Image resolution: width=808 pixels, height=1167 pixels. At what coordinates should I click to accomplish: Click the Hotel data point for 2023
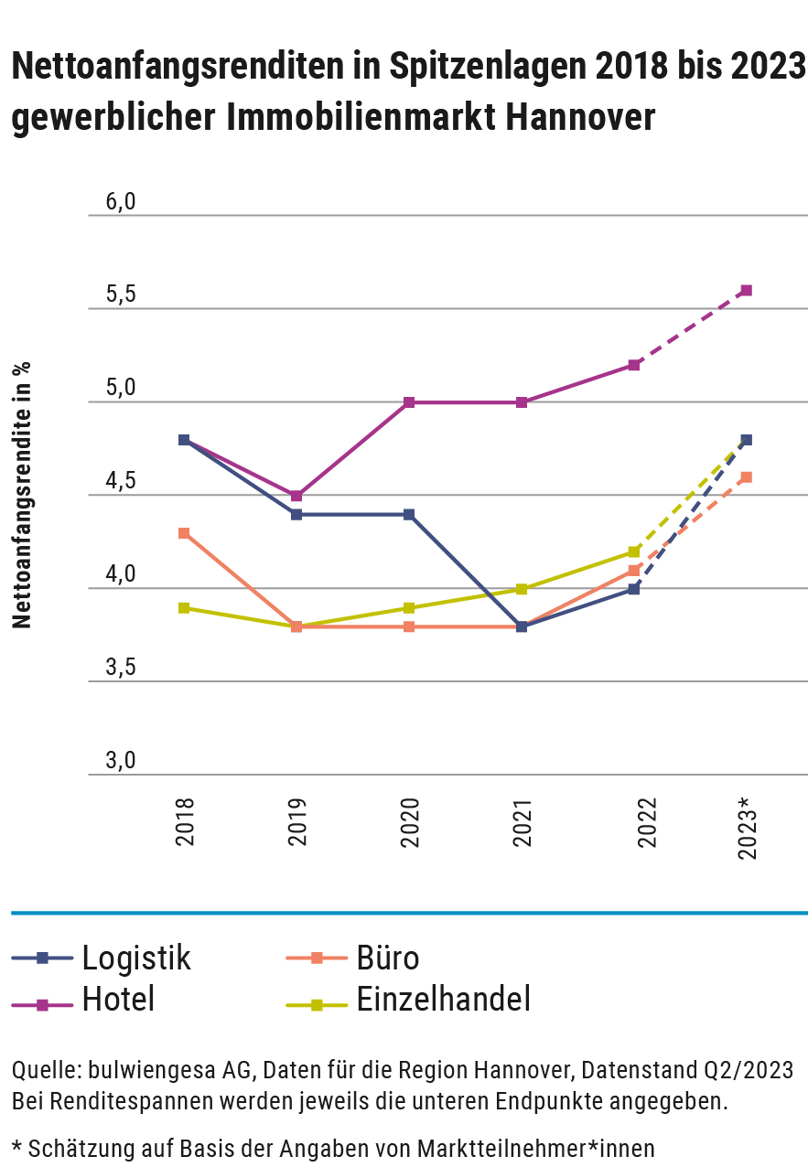[747, 291]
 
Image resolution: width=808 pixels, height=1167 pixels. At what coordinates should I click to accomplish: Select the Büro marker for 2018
[184, 533]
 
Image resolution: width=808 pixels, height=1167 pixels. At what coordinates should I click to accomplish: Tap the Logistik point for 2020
[409, 515]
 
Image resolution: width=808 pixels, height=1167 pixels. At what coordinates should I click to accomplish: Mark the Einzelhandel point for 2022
[634, 551]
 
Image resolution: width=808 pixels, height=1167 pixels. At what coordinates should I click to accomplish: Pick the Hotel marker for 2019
[296, 496]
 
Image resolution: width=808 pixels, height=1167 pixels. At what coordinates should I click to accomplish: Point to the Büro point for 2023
[747, 477]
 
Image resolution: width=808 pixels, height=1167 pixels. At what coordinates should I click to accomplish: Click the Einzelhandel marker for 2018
[184, 608]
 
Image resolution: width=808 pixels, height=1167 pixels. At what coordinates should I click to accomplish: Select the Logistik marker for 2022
[634, 589]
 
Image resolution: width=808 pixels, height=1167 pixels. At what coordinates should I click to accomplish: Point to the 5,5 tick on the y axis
[120, 295]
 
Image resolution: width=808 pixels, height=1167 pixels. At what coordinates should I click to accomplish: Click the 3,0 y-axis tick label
[120, 761]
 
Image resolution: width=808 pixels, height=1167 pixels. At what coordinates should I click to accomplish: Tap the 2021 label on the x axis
[522, 823]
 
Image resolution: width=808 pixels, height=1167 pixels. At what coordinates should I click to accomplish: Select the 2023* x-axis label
[747, 829]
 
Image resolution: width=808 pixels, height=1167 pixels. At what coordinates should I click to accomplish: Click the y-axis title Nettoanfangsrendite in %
[22, 495]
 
